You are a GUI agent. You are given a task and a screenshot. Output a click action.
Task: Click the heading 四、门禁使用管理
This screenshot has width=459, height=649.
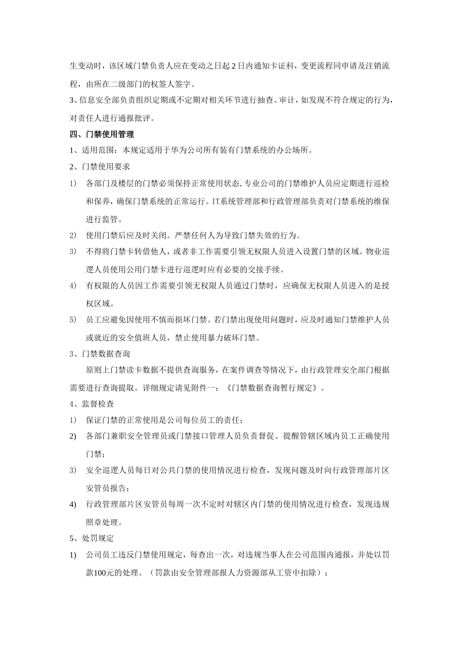(x=102, y=134)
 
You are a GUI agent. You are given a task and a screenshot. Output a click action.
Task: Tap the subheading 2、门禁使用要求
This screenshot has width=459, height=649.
(x=100, y=167)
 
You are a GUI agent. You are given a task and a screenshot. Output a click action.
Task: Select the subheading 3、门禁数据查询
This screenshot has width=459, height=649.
(x=100, y=354)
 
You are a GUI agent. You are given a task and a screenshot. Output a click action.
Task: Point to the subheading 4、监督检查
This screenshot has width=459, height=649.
(x=92, y=404)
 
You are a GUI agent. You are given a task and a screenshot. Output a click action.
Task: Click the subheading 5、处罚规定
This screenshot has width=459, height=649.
(x=92, y=538)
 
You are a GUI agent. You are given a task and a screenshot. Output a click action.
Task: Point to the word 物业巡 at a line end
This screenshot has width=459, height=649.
(x=377, y=251)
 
